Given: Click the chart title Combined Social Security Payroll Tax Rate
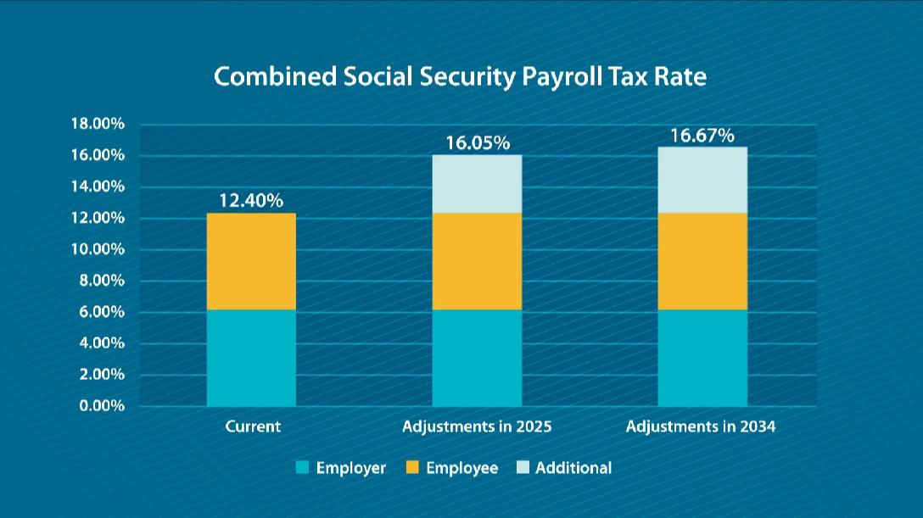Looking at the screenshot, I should [461, 76].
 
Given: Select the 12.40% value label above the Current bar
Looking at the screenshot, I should [251, 201].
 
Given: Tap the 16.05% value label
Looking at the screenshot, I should [478, 142].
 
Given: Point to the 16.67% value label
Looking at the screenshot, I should [702, 136].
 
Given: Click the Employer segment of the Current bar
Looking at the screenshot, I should [251, 358].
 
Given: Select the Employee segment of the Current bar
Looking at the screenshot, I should [251, 261].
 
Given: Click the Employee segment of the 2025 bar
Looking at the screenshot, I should [478, 261].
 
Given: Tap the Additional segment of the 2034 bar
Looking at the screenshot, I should [702, 180].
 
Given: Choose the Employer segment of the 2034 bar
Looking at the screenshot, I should [702, 358].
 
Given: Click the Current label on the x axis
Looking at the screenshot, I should [253, 426].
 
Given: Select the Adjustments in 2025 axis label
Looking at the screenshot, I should [477, 426].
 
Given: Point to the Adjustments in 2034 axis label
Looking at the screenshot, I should [701, 426].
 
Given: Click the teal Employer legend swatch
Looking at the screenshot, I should [302, 468].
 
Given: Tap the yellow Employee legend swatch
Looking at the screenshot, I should [412, 468].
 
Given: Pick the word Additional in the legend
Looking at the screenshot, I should [573, 468].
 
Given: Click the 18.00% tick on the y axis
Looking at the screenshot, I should [97, 125].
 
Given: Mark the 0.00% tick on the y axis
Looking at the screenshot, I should [100, 406].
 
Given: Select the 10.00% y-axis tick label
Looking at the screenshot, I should [97, 250].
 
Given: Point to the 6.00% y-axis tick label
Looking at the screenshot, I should [100, 312].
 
